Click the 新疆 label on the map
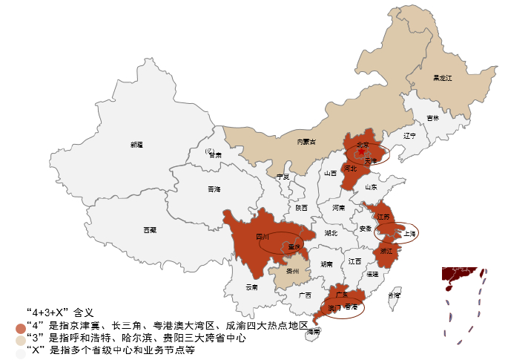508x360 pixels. [x=136, y=145]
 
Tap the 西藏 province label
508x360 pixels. [x=150, y=230]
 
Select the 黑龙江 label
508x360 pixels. [x=443, y=77]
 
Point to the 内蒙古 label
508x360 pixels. [x=306, y=141]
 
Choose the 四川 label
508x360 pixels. [x=262, y=238]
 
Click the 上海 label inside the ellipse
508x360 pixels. [x=410, y=233]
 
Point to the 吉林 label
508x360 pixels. [x=432, y=118]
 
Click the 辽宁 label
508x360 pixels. [x=410, y=136]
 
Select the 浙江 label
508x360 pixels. [x=386, y=251]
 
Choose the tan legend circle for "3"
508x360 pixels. [x=20, y=338]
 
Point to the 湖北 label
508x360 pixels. [x=331, y=233]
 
